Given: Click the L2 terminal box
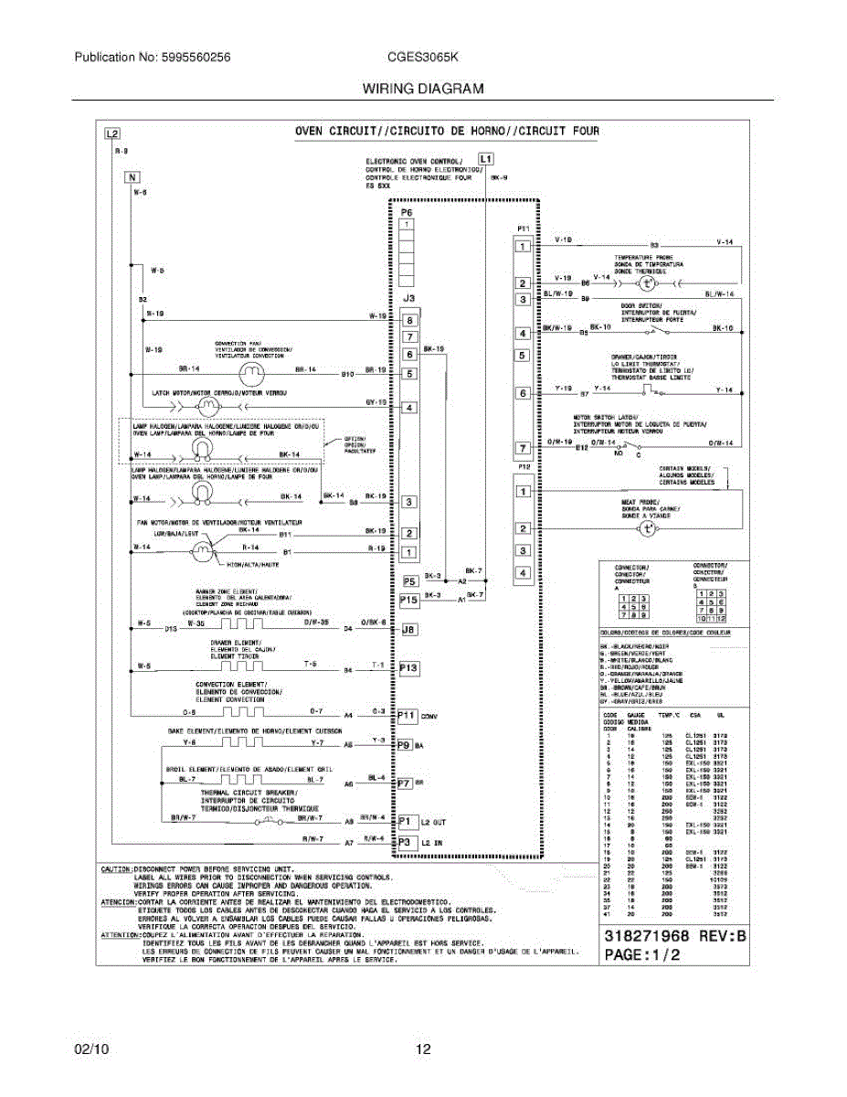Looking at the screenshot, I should pyautogui.click(x=111, y=133).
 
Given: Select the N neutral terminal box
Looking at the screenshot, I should pyautogui.click(x=132, y=177).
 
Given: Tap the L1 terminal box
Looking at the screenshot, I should pyautogui.click(x=485, y=157).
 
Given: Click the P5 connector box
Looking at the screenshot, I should pyautogui.click(x=409, y=580).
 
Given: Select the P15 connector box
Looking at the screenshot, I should pyautogui.click(x=409, y=600).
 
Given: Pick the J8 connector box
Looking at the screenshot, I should pyautogui.click(x=409, y=629).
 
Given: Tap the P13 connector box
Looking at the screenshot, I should pyautogui.click(x=409, y=668).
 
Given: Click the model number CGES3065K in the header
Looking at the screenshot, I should pyautogui.click(x=422, y=57).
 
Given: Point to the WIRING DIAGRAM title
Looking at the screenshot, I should pyautogui.click(x=423, y=89).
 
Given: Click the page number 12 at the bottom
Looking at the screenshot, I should pyautogui.click(x=423, y=1049).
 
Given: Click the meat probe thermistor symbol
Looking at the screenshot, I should pyautogui.click(x=648, y=528).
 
